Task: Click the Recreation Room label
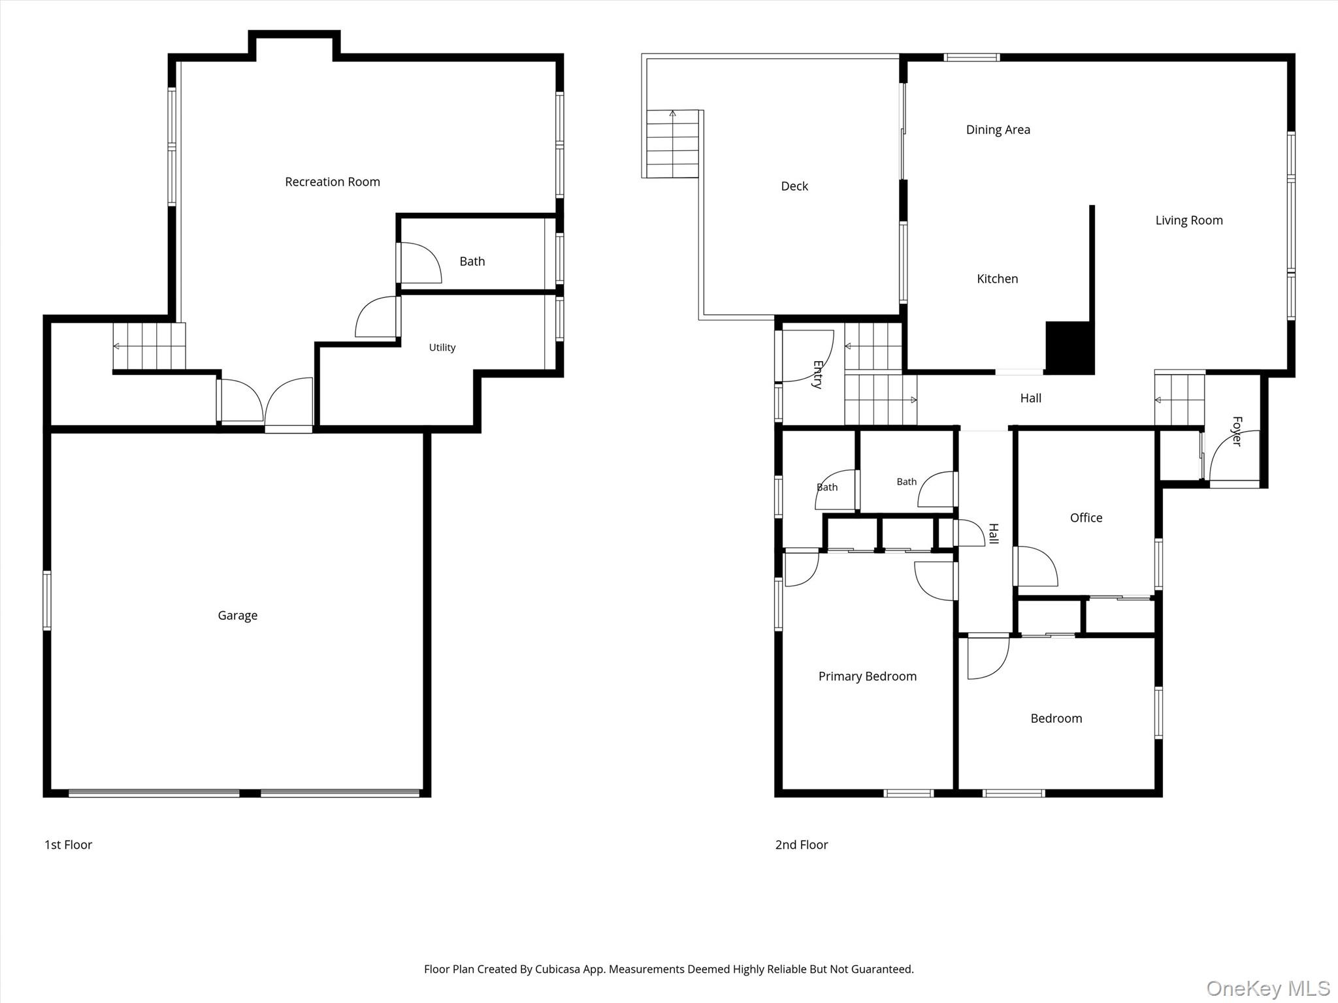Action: pos(332,182)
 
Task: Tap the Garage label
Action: pos(237,616)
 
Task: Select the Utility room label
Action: pos(442,347)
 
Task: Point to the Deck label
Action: pos(794,187)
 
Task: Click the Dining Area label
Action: pos(998,130)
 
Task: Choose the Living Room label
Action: pos(1188,221)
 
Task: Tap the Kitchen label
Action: pos(997,279)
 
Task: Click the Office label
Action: pos(1086,518)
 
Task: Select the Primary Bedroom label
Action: pos(867,677)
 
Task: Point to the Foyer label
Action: pos(1236,431)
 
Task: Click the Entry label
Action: pos(817,375)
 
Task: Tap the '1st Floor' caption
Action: pos(68,845)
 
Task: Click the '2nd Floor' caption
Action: pos(801,845)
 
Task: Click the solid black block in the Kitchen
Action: pos(1069,347)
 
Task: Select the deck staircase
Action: pos(672,144)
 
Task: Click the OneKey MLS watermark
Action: pos(1268,987)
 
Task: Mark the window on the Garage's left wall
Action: pos(47,601)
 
